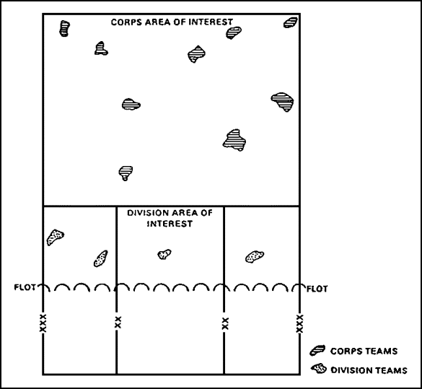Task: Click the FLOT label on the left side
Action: [25, 287]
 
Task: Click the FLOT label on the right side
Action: [317, 289]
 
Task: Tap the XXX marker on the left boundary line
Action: [43, 323]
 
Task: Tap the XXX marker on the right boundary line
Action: [299, 323]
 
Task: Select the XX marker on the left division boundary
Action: [118, 322]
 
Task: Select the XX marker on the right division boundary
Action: [225, 323]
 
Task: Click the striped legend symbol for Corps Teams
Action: [317, 350]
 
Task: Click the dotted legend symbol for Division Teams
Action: [319, 369]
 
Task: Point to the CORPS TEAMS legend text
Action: [364, 351]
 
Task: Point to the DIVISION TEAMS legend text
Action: [369, 370]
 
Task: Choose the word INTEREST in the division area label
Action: [170, 224]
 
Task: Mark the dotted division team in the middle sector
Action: [164, 254]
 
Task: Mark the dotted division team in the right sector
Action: [255, 256]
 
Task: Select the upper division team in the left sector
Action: [55, 237]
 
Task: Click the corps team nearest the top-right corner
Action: [291, 22]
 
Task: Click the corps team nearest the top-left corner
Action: [64, 28]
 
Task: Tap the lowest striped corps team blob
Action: [126, 173]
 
